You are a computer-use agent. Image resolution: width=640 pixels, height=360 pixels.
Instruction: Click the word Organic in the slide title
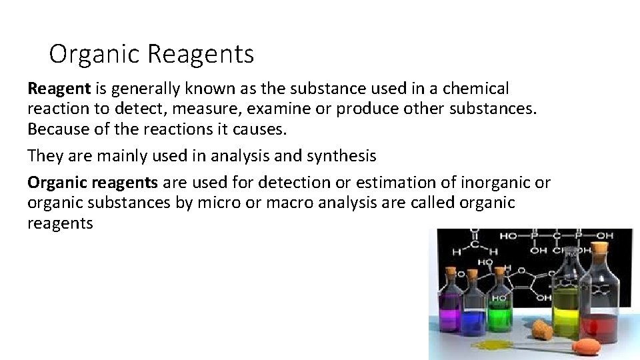(95, 54)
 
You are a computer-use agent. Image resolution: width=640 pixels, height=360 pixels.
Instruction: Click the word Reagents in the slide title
(201, 54)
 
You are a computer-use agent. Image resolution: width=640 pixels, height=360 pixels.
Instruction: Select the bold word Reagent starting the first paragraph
(56, 89)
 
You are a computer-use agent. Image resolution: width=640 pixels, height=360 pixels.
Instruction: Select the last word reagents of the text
(60, 223)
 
